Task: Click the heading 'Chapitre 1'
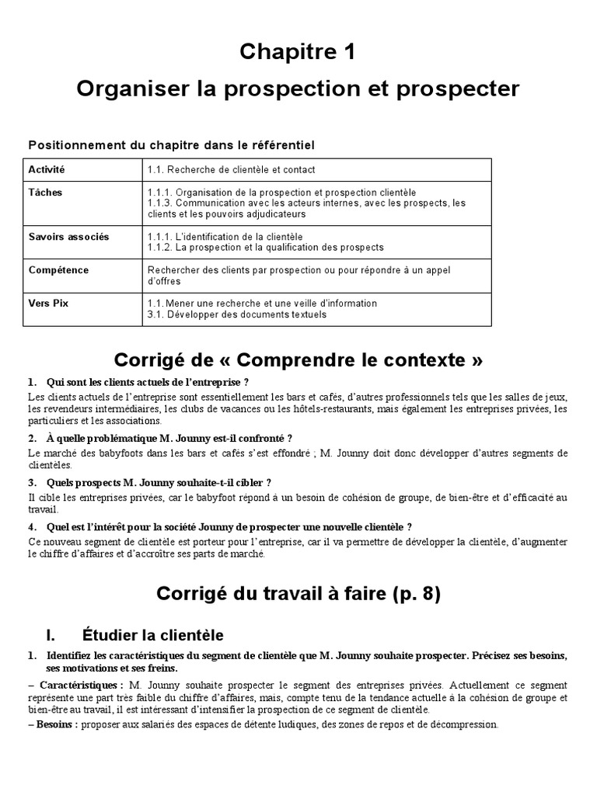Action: point(298,52)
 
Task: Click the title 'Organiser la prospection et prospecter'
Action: point(298,89)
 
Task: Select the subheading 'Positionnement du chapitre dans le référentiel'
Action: point(171,145)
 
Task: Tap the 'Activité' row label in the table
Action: point(47,169)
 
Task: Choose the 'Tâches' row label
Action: point(45,193)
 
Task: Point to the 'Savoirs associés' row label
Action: point(69,237)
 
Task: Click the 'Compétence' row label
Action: point(58,270)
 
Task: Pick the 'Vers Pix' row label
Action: point(48,304)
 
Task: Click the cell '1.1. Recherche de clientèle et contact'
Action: point(231,170)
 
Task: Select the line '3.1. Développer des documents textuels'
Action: point(236,314)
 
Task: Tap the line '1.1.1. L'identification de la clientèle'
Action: point(225,237)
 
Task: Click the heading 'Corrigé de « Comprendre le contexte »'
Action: point(298,361)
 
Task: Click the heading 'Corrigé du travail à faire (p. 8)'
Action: point(298,594)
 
